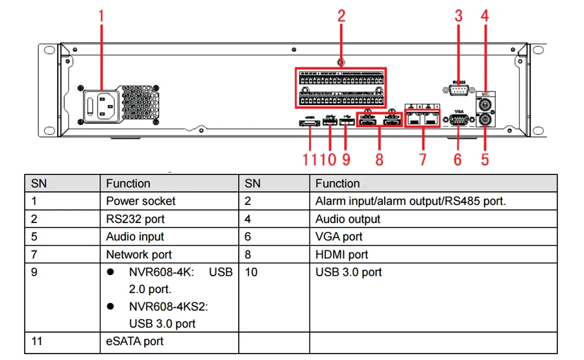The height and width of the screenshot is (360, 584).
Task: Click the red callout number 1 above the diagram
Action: (101, 16)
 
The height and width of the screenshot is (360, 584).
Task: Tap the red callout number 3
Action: (459, 16)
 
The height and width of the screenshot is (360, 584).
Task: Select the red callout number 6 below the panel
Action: (458, 158)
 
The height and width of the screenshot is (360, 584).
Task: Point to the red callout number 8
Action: (379, 158)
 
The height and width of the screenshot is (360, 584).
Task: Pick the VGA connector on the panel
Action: (459, 121)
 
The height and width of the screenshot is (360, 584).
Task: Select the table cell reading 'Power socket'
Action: (141, 201)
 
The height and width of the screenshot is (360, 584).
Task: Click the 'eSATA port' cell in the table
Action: (135, 341)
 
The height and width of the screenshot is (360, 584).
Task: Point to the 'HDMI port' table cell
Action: (342, 254)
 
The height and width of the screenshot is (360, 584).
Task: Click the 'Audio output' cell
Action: (348, 219)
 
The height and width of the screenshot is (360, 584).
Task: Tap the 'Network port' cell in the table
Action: (139, 254)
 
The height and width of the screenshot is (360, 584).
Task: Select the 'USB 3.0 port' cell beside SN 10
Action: (348, 272)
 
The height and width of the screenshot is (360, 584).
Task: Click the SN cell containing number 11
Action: (37, 341)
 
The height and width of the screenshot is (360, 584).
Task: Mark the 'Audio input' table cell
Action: (135, 237)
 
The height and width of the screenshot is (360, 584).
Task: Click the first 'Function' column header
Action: (128, 184)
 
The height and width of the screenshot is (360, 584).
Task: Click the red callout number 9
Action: (346, 158)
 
